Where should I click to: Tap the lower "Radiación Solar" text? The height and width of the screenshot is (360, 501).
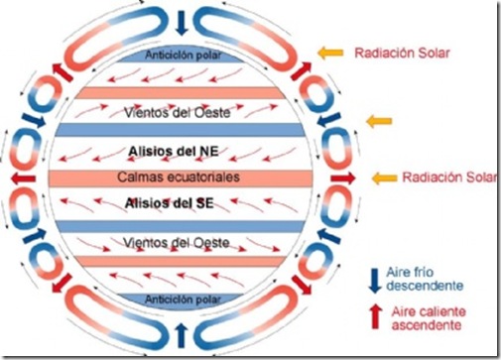coord(434,178)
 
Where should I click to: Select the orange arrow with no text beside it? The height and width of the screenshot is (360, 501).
coord(378,121)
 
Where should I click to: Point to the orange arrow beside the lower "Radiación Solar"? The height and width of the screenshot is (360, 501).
coord(384,178)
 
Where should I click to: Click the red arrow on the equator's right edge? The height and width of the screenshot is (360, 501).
coord(351,178)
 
